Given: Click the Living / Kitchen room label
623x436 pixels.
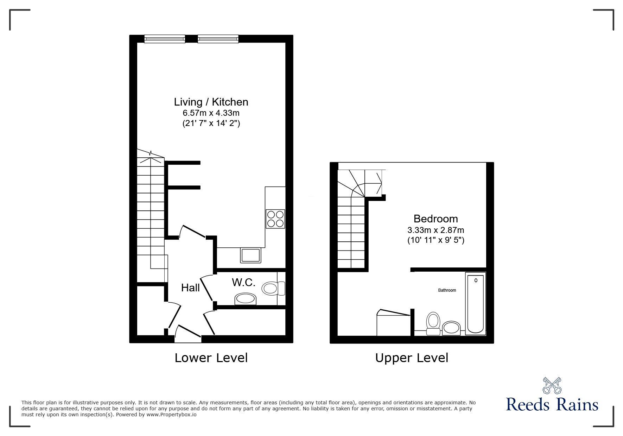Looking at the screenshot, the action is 211,102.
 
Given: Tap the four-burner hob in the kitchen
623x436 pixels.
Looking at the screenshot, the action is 275,219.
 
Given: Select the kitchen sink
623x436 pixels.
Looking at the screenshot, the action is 250,255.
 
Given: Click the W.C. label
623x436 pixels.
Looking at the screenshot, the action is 243,282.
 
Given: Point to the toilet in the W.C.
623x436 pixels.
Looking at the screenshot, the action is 273,289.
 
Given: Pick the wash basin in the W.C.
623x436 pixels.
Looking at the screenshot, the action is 246,299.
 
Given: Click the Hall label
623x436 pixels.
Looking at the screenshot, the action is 190,288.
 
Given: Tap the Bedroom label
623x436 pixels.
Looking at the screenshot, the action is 436,219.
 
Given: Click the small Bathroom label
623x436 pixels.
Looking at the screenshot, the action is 447,290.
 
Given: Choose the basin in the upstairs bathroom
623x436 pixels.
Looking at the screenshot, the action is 451,328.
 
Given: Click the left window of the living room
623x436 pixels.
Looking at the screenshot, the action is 165,39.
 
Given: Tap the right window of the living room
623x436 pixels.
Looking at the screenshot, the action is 218,39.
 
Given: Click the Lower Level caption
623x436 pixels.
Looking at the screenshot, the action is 211,358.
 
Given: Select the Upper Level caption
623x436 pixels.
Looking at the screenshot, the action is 412,358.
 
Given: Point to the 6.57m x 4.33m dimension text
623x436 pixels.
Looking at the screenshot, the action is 211,113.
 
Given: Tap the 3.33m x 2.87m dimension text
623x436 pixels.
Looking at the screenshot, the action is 436,230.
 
